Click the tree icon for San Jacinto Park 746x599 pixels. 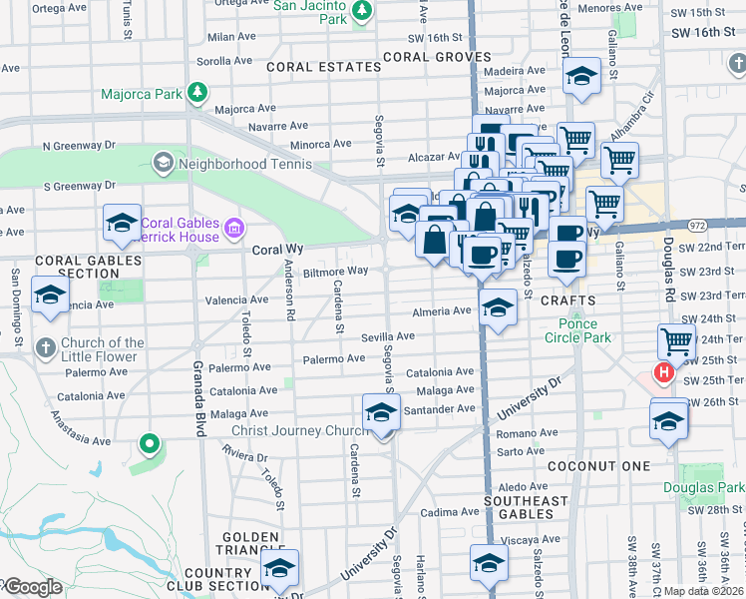362,10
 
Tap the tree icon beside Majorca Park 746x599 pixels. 197,93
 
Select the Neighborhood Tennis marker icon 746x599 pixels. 162,162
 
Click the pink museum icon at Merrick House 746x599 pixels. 234,229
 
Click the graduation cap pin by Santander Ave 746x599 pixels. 381,412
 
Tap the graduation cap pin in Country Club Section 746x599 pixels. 280,568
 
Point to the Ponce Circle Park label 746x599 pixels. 570,330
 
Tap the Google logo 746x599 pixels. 32,587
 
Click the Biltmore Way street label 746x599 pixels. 335,271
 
